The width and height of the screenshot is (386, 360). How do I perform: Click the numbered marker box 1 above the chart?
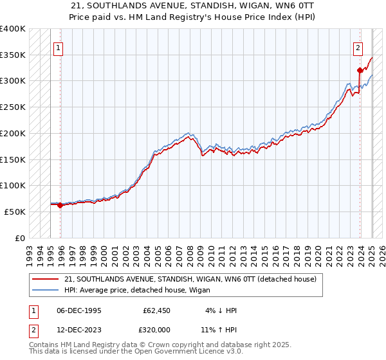coord(58,47)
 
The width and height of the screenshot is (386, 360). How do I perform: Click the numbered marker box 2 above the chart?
coord(357,47)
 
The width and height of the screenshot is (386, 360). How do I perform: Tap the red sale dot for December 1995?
coord(60,206)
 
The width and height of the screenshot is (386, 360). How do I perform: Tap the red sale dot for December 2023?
coord(360,71)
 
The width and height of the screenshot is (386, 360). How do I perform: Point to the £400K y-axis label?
coord(13,29)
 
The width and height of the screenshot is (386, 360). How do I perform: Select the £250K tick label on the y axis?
coord(13,107)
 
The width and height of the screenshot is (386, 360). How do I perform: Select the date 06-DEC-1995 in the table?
coord(79,310)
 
